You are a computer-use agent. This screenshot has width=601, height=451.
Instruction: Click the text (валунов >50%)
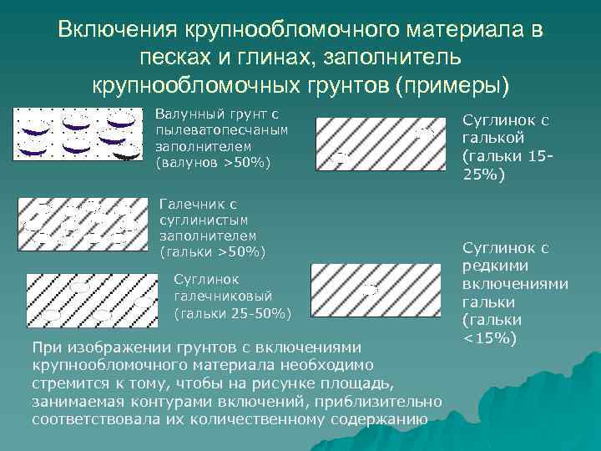point(213,162)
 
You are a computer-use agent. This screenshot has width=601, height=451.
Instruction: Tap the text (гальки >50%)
point(212,251)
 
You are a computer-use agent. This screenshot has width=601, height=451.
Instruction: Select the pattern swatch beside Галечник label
point(78,223)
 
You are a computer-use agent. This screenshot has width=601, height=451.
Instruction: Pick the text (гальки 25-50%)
point(231,313)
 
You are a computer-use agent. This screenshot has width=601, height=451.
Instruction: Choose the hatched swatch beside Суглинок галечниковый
point(90,297)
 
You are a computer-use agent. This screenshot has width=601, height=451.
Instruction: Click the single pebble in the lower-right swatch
point(371,289)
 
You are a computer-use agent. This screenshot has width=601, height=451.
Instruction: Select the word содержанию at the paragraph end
point(376,418)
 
